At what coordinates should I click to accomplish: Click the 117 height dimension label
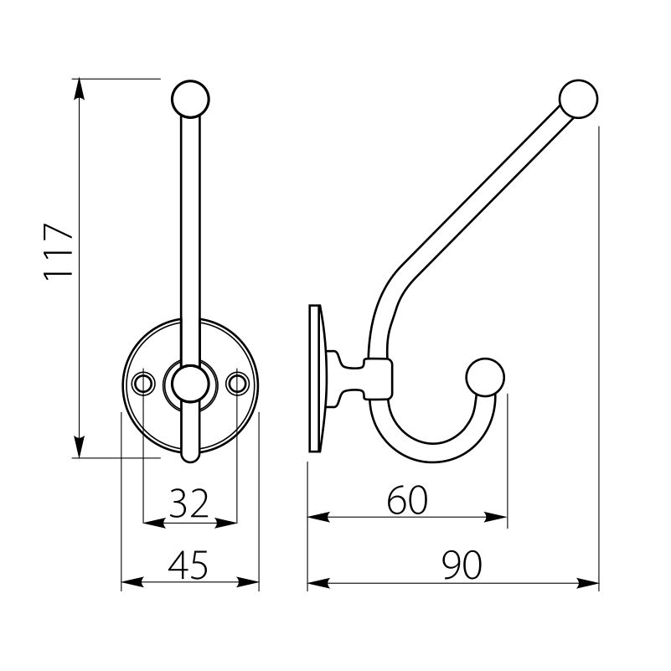pyautogui.click(x=59, y=252)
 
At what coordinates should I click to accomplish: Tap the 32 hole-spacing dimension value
pyautogui.click(x=188, y=503)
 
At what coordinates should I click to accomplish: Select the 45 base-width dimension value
pyautogui.click(x=188, y=565)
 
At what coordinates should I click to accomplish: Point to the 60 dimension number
pyautogui.click(x=407, y=499)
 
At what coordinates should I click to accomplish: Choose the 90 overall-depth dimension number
pyautogui.click(x=462, y=565)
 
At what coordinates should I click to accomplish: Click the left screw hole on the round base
pyautogui.click(x=143, y=383)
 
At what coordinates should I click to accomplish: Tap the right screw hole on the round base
pyautogui.click(x=237, y=383)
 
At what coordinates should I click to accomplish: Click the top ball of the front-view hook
pyautogui.click(x=190, y=99)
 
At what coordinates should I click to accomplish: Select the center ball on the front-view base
pyautogui.click(x=190, y=384)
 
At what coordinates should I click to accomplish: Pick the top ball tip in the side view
pyautogui.click(x=579, y=99)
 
